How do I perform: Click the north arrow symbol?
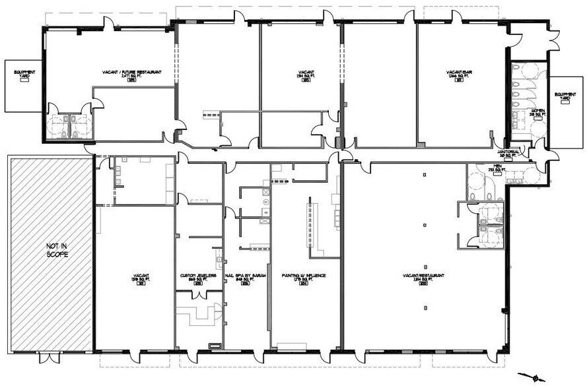point(536,377)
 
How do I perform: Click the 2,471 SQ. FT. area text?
point(132,77)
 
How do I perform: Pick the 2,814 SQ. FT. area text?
point(424,280)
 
